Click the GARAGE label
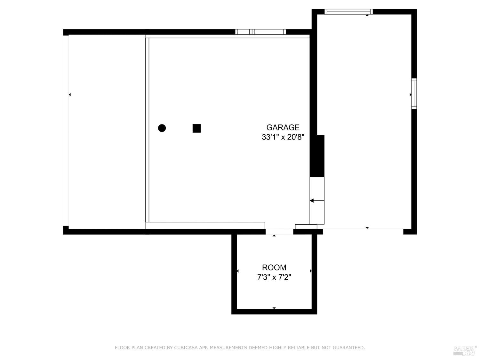[x=283, y=127]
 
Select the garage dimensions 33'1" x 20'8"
[x=283, y=137]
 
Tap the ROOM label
[x=274, y=268]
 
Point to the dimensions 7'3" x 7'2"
[x=274, y=277]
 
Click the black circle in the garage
[x=162, y=128]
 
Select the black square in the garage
[x=196, y=128]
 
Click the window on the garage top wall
[x=260, y=32]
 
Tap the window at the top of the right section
[x=348, y=12]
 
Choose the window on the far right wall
[x=414, y=93]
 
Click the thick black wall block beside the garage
[x=317, y=156]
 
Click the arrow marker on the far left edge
[x=70, y=95]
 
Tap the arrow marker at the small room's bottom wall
[x=274, y=308]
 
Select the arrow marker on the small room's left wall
[x=237, y=271]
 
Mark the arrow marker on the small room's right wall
[x=311, y=271]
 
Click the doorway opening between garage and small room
[x=279, y=232]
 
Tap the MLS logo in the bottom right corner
[x=465, y=350]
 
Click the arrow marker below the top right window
[x=367, y=15]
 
